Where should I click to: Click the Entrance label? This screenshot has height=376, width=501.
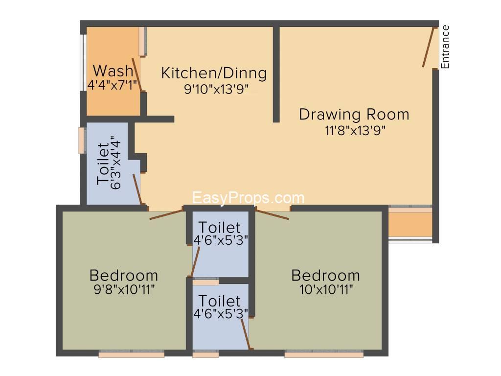point(445,47)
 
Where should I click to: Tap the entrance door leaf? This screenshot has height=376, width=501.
point(428,47)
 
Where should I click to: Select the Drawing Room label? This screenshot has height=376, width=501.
point(354,115)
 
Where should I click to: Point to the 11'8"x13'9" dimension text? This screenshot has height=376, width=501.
point(355,130)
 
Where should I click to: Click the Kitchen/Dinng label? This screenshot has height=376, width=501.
point(214,73)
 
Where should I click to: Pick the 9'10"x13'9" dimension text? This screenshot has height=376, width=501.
point(216,89)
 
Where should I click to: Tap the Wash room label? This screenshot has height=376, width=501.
point(113,70)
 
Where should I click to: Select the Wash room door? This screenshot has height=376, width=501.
point(137,74)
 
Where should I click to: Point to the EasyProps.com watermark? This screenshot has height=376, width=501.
point(248,198)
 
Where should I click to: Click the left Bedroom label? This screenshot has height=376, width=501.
point(124,275)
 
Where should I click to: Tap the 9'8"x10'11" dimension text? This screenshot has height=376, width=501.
point(124,290)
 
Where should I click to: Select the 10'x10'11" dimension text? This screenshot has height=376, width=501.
point(326,290)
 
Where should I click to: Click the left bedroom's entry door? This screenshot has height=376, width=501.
point(166,214)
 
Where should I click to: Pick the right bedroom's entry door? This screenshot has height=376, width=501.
point(272,214)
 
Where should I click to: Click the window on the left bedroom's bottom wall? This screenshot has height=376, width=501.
point(131,354)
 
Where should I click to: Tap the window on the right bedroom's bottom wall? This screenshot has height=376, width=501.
point(324,354)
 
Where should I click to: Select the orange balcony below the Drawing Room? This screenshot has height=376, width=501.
point(410,224)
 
